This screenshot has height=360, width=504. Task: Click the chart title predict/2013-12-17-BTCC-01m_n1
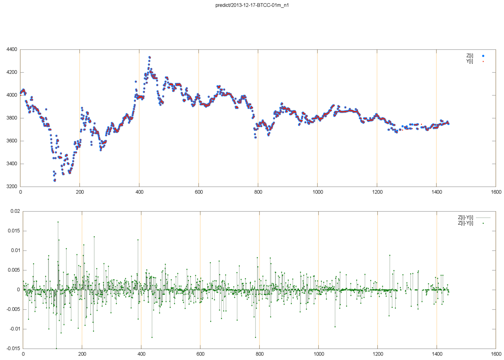coord(252,5)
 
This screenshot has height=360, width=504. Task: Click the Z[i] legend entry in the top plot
coord(470,56)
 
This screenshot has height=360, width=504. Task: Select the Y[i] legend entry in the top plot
coord(470,61)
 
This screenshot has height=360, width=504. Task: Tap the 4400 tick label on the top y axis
coord(12,49)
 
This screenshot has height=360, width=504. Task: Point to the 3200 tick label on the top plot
coord(12,186)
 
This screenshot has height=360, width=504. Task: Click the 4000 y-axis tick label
coord(12,95)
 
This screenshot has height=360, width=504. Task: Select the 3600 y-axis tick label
coord(12,141)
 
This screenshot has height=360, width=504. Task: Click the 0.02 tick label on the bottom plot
coord(15,211)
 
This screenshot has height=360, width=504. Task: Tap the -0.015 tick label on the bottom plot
coord(13,348)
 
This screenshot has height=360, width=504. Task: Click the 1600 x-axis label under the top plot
coord(496,192)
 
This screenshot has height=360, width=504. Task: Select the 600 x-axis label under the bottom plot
coord(200,354)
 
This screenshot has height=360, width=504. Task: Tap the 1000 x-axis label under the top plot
coord(318,192)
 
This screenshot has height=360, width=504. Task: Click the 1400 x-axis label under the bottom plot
coord(437,354)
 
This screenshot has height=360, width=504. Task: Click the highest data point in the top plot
coord(149,57)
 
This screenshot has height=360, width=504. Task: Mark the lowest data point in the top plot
coord(54,180)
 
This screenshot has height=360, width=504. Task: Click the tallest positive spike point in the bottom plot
coord(58,222)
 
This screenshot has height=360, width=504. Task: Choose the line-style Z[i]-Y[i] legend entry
coord(466,218)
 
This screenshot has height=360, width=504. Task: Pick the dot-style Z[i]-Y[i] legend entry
coord(466,223)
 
